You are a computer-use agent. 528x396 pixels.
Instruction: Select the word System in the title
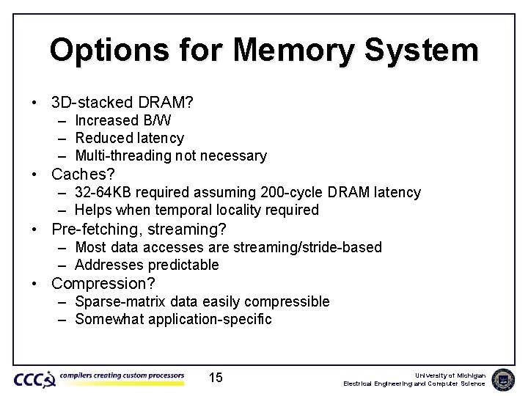tap(426, 50)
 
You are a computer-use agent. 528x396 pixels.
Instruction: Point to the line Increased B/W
tap(123, 120)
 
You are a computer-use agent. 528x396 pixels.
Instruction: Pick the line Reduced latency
tap(130, 138)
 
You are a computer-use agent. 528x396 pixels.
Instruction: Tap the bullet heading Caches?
tap(83, 175)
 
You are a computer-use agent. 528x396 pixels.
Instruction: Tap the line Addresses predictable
tap(147, 265)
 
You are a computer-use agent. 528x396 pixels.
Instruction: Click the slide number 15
tap(216, 378)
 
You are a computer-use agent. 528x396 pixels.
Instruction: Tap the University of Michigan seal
tap(503, 379)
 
